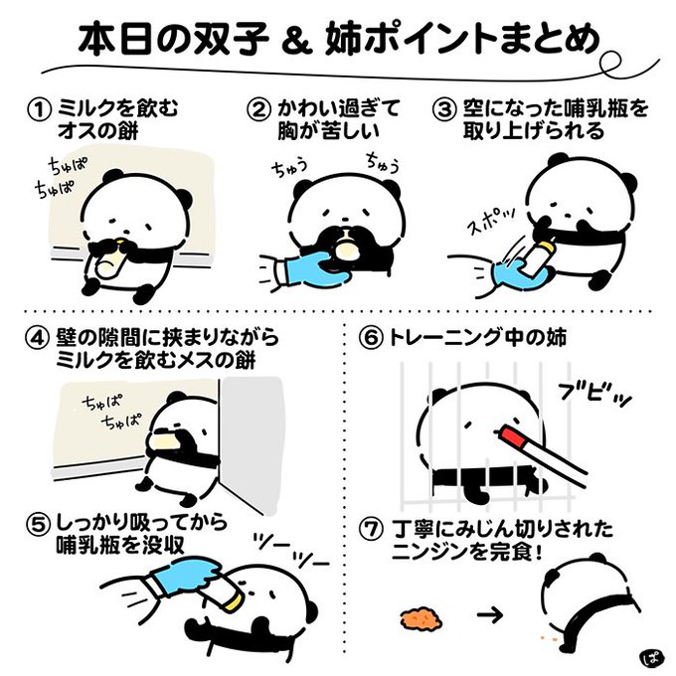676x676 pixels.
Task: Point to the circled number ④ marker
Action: pyautogui.click(x=37, y=338)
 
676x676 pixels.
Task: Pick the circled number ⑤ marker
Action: pyautogui.click(x=37, y=524)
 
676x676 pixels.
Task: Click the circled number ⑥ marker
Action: pyautogui.click(x=370, y=338)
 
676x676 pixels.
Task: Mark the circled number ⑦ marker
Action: pyautogui.click(x=370, y=530)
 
